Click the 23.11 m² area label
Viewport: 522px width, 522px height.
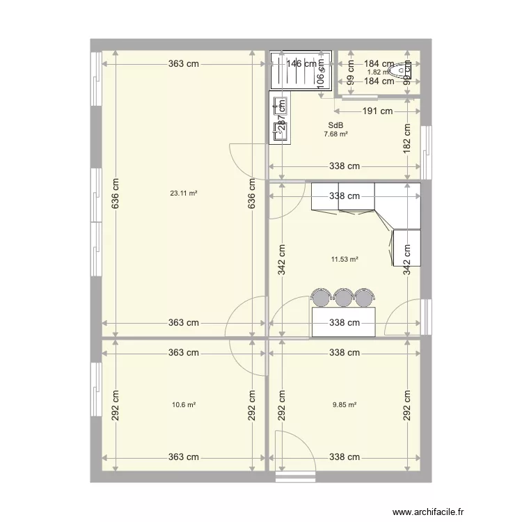click(183, 193)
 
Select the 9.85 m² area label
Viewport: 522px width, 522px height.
click(345, 404)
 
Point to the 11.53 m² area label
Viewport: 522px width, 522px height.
click(345, 259)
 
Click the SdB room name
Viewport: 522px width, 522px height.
click(335, 126)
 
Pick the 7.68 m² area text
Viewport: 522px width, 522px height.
click(335, 135)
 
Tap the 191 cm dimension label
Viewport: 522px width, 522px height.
click(377, 111)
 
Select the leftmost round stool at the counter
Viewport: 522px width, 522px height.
click(321, 298)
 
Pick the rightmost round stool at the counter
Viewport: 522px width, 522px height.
click(363, 298)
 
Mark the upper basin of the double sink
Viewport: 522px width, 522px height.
click(280, 105)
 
